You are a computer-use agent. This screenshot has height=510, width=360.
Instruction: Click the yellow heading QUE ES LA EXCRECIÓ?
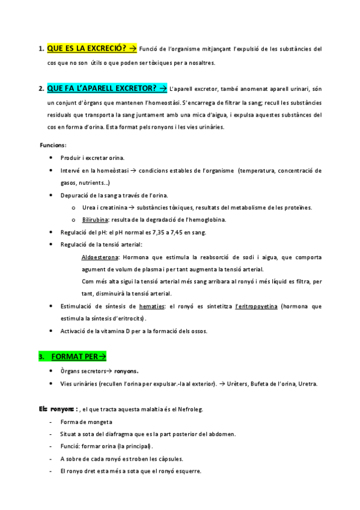pyautogui.click(x=86, y=49)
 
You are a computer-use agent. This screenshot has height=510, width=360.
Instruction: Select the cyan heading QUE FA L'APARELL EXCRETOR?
pyautogui.click(x=102, y=89)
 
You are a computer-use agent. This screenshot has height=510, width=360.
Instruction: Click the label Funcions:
pyautogui.click(x=53, y=146)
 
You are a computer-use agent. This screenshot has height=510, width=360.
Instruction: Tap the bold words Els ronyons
pyautogui.click(x=55, y=410)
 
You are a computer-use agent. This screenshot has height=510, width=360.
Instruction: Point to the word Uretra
pyautogui.click(x=307, y=384)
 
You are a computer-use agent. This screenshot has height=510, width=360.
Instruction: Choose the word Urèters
pyautogui.click(x=240, y=384)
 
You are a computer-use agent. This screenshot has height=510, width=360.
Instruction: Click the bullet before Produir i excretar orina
pyautogui.click(x=50, y=158)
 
